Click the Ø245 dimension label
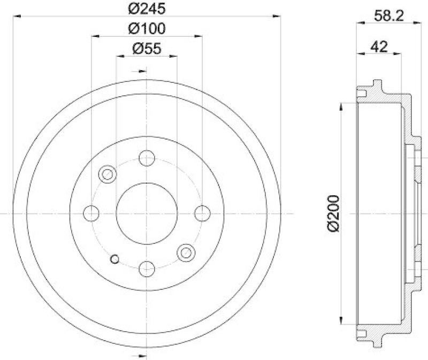coord(146,9)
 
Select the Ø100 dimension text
coord(146,28)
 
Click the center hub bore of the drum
coord(147,213)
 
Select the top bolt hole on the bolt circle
coord(147,158)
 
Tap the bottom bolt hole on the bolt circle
coord(147,269)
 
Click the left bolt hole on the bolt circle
coord(91,213)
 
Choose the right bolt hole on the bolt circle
coord(202,213)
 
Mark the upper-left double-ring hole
coord(108,174)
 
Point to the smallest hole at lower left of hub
coord(113,259)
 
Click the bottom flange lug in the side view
coord(378,342)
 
